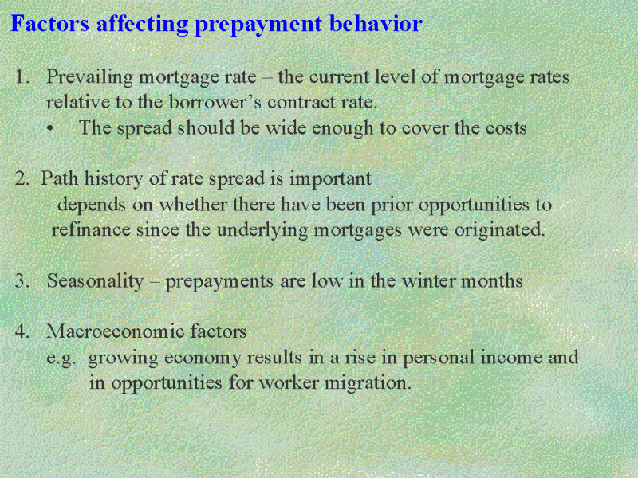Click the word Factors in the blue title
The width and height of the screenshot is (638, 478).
coord(49,23)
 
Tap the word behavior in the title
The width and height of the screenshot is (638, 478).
coord(376,23)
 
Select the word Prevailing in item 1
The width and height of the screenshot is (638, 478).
coord(89,77)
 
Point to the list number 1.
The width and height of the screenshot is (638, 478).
coord(22,76)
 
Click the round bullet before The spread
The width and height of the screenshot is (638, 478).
coord(50,129)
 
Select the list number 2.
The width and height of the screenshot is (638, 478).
coord(22,178)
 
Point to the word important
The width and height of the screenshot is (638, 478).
coord(330,179)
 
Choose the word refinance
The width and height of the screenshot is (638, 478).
coord(91,229)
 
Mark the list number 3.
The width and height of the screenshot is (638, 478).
coord(22,281)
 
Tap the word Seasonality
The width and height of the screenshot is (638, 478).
coord(95,281)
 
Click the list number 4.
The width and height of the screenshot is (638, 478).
coord(22,331)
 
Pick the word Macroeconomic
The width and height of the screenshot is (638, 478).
coord(115,331)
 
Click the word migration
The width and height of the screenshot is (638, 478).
coord(368,383)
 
